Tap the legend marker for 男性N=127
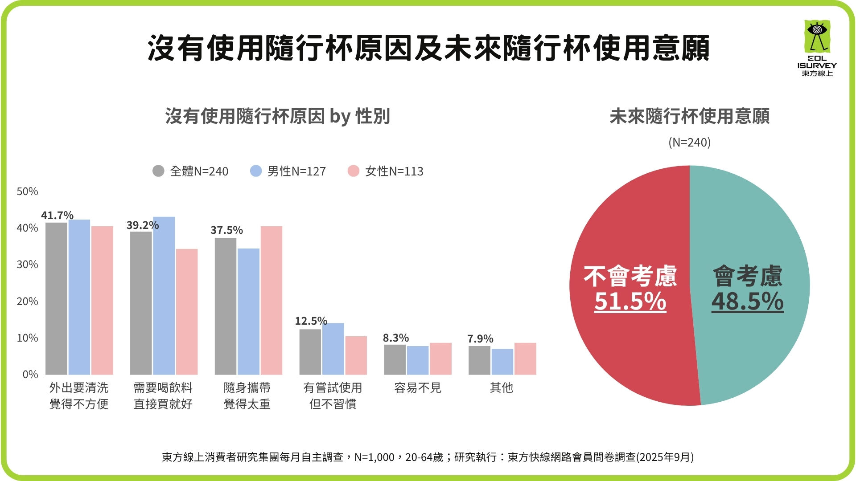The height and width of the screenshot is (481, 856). (x=256, y=171)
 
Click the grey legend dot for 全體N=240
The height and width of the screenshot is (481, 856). (x=158, y=171)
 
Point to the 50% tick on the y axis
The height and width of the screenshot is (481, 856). (x=27, y=192)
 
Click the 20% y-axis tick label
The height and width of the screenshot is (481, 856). (x=27, y=302)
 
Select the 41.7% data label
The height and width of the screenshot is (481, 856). (x=57, y=216)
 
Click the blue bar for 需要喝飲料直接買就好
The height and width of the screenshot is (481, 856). (x=164, y=296)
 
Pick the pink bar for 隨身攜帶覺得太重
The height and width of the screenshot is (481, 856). (x=271, y=300)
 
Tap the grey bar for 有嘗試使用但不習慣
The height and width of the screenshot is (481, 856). (x=310, y=352)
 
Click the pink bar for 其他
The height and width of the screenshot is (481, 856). (x=525, y=359)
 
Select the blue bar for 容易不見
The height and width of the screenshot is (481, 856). (x=417, y=360)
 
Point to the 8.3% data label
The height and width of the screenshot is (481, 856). (x=395, y=338)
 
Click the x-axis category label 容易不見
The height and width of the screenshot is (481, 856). (x=417, y=388)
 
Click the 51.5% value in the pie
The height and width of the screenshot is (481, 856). (x=630, y=302)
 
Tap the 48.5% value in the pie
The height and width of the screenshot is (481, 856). (x=747, y=302)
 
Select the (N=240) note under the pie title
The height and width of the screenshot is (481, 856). (x=689, y=143)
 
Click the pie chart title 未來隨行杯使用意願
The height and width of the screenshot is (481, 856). (x=689, y=117)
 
